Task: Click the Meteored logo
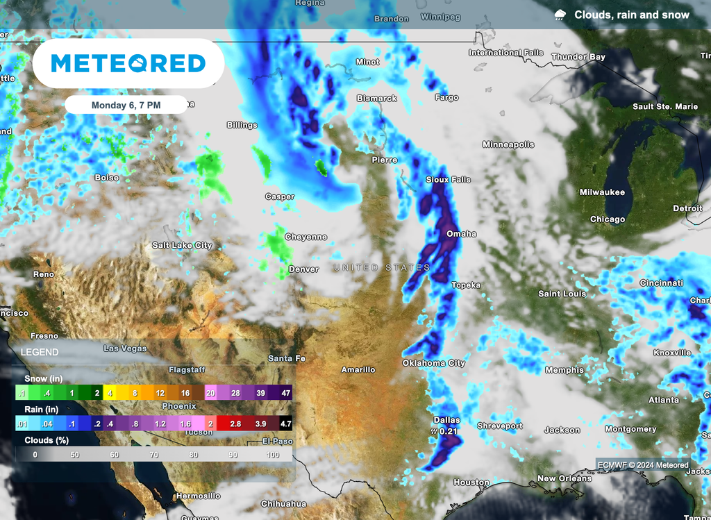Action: [x=128, y=64]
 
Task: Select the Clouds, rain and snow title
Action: [x=631, y=15]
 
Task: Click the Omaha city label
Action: [x=461, y=234]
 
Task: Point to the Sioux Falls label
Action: [x=448, y=180]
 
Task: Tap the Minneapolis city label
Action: [x=508, y=144]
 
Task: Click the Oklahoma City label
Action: [x=433, y=363]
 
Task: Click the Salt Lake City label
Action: [x=182, y=245]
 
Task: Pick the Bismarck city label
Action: [x=376, y=99]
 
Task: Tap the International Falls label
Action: [x=505, y=53]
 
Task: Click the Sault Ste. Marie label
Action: [x=665, y=107]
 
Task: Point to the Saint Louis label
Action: [x=562, y=294]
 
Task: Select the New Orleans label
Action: [x=564, y=478]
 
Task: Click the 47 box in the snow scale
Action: [x=284, y=393]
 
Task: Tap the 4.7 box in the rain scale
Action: [x=284, y=423]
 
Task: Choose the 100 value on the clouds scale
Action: [x=272, y=454]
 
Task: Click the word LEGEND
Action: [x=40, y=353]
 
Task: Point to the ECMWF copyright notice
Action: [x=642, y=465]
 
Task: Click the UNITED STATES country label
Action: [x=381, y=267]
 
